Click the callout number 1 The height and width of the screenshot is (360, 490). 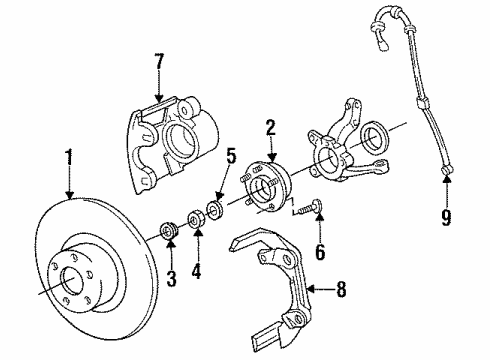click(69, 156)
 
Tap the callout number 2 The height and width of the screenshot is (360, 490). click(269, 126)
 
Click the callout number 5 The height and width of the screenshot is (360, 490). click(230, 156)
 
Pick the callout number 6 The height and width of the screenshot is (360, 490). click(320, 253)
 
